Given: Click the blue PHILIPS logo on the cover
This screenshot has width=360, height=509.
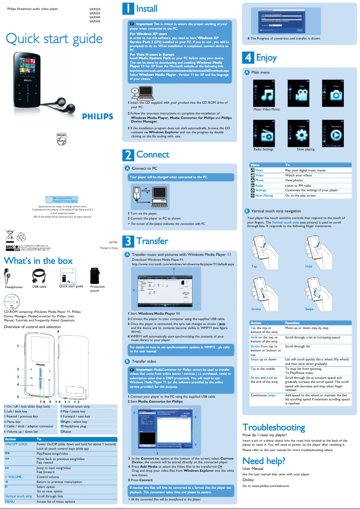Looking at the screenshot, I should [97, 117].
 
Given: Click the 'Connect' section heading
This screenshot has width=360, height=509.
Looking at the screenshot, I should [153, 154].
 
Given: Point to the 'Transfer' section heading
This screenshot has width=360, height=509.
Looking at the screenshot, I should [152, 241].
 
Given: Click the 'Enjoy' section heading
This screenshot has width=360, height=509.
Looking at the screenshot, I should [266, 58].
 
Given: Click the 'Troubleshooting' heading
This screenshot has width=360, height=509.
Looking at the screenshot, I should [273, 427].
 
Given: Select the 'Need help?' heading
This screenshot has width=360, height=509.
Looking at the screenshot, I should [263, 461].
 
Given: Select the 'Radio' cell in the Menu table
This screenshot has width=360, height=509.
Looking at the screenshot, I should [259, 185].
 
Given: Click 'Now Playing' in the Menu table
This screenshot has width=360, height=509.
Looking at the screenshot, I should [264, 196].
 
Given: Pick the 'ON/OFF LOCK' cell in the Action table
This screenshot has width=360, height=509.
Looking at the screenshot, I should [16, 444].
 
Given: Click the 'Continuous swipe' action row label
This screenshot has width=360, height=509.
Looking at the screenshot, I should [263, 395].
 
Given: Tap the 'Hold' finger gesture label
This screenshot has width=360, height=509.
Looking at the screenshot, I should [309, 266].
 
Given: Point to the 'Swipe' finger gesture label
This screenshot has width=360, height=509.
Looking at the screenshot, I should [309, 309].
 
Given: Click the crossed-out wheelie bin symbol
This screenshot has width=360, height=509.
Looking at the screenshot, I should [10, 235].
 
